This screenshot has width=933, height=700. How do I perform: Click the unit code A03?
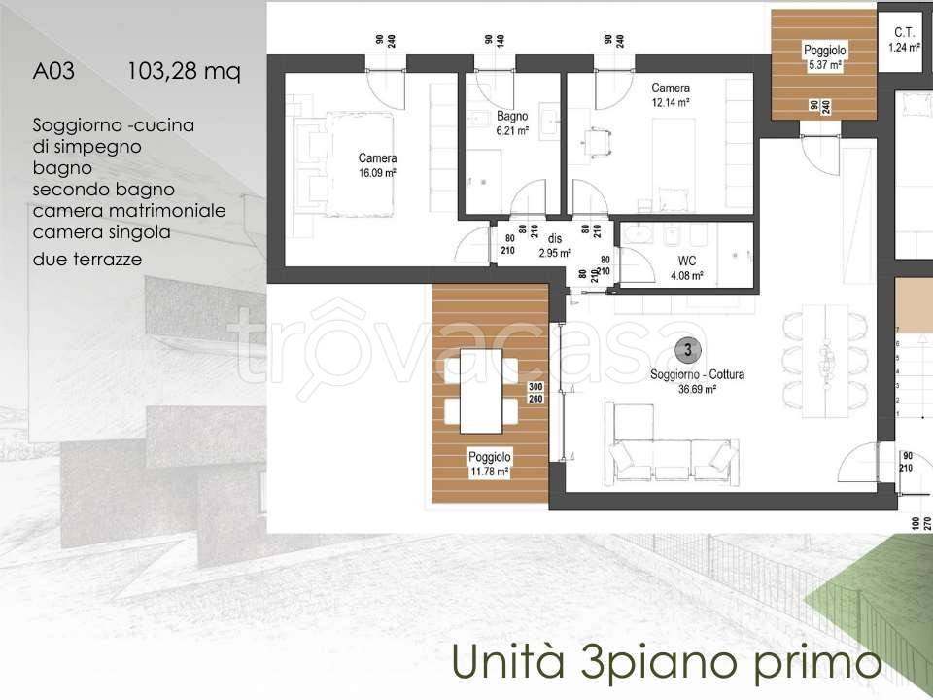point(53,71)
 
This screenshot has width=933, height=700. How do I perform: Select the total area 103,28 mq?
point(183,71)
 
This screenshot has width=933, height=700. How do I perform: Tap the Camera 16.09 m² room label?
point(377,165)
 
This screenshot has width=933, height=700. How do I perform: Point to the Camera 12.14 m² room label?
point(671,94)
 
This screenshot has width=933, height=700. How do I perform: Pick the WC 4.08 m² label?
point(693,268)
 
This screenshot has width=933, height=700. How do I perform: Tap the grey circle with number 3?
point(687,349)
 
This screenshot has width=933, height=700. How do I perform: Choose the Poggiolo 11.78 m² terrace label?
point(489,464)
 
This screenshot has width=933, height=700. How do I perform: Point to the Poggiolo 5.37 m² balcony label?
point(824,57)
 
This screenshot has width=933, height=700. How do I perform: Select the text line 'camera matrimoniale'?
point(129,211)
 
